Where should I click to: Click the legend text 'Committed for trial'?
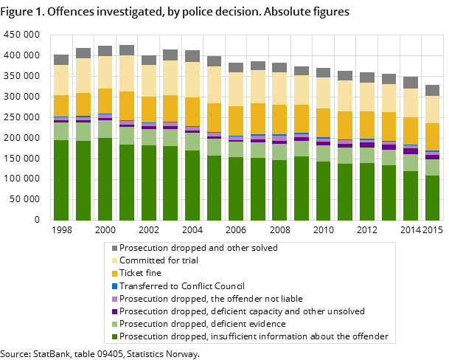(158, 260)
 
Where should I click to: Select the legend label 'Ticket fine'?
(140, 273)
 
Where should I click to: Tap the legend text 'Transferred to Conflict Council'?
(182, 285)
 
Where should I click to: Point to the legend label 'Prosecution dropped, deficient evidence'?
(202, 324)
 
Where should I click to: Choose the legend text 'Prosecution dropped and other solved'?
(198, 248)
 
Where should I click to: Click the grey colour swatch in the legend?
(114, 248)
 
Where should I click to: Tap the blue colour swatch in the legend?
(114, 286)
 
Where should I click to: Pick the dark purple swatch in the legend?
(114, 311)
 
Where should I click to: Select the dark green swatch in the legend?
(114, 337)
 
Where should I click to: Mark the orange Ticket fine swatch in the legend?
(114, 274)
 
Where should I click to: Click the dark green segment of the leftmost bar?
(61, 180)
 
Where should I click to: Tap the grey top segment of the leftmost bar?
(61, 60)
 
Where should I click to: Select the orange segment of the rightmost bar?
(432, 136)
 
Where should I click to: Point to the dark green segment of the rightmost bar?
(432, 198)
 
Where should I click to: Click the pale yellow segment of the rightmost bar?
(432, 109)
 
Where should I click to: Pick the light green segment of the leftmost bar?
(61, 131)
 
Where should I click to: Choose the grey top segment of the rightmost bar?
(432, 90)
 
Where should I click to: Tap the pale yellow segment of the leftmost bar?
(61, 80)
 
